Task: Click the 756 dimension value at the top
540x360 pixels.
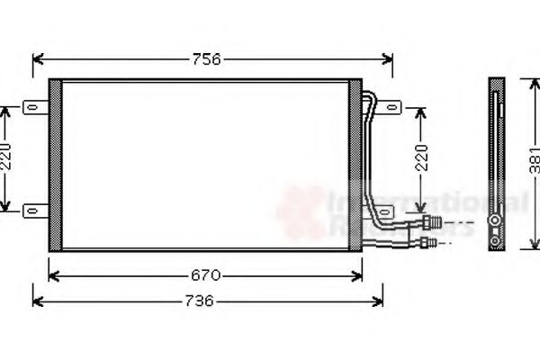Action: (206, 59)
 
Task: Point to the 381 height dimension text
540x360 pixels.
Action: (534, 160)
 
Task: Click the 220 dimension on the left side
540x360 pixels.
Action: (6, 158)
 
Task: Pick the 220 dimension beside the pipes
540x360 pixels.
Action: (420, 160)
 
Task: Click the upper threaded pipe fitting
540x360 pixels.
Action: (434, 222)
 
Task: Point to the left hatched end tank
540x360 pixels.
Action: (55, 164)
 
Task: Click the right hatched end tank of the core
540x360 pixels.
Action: (355, 164)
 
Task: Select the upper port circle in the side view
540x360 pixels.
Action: (495, 222)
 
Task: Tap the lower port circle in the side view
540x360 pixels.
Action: (495, 240)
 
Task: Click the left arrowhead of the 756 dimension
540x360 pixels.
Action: (36, 59)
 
